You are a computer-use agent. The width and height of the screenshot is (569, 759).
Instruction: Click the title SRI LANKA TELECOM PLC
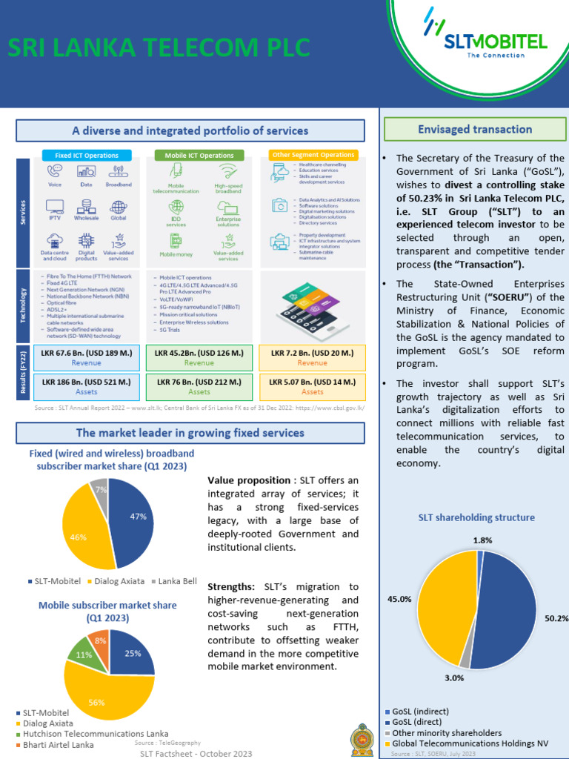tap(159, 48)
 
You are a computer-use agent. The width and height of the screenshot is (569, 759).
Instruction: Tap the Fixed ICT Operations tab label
tap(86, 155)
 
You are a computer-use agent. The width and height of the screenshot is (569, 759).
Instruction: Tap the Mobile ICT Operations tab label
tap(199, 155)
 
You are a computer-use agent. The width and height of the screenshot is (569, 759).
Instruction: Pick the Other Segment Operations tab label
tap(313, 155)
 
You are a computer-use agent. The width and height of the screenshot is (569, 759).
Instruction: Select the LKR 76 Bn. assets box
tap(199, 386)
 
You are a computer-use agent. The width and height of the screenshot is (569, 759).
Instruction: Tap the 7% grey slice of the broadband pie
tap(99, 490)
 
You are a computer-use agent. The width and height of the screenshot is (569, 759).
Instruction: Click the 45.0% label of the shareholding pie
tap(400, 599)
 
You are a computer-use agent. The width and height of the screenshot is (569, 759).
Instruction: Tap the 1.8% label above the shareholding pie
tap(482, 540)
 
